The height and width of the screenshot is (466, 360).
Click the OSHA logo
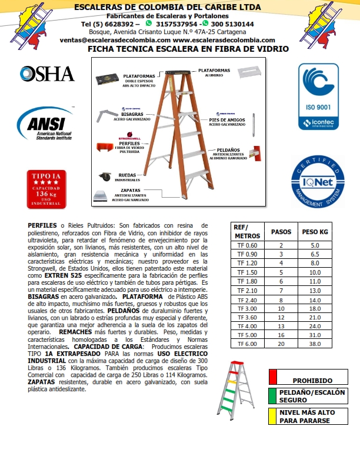[x=47, y=74]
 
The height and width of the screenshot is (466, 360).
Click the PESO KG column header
[x=315, y=231]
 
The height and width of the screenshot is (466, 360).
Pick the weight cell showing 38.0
[x=315, y=344]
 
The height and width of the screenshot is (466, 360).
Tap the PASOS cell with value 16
[x=281, y=335]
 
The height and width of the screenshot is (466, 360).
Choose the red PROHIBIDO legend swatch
[x=272, y=377]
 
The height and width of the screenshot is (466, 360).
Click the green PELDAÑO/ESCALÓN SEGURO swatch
[x=272, y=395]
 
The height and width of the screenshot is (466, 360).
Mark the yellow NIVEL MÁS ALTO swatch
[x=272, y=415]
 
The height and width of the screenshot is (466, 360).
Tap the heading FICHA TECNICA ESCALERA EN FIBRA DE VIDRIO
[x=188, y=49]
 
